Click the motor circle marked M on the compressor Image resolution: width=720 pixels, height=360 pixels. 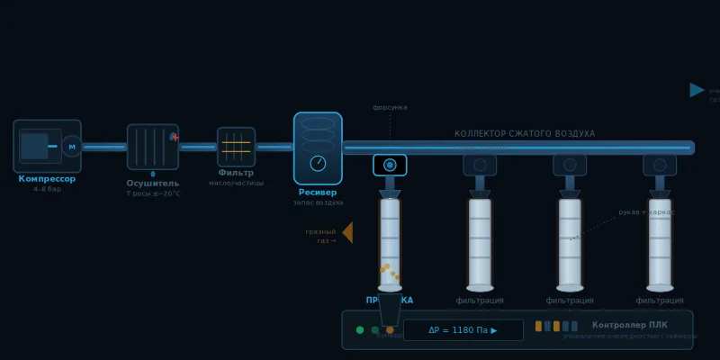(72, 147)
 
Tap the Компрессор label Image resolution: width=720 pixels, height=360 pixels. (47, 179)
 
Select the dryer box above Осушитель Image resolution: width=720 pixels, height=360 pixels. (153, 147)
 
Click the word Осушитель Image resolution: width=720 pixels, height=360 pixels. (153, 184)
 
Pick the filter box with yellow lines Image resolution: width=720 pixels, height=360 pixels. (236, 147)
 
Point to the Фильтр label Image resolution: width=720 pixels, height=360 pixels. (236, 173)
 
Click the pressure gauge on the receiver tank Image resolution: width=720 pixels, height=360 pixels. (318, 163)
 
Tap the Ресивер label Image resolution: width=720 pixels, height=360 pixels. (318, 193)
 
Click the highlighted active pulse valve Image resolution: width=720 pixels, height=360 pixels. (390, 165)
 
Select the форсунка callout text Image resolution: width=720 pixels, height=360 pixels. (390, 108)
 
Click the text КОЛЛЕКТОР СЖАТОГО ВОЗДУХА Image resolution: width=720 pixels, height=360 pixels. (525, 134)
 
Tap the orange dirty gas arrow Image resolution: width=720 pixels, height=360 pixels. (347, 233)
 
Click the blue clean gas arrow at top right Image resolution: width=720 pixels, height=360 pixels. (697, 90)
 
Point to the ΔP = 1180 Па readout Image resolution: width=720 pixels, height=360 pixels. (463, 330)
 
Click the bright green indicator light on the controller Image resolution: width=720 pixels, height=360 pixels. (360, 330)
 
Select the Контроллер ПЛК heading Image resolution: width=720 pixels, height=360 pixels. (628, 325)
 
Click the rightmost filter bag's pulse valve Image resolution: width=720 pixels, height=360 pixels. (660, 165)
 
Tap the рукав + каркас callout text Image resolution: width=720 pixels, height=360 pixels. (646, 212)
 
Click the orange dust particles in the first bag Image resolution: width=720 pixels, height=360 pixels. (388, 270)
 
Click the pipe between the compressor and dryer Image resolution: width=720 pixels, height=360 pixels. (104, 147)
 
